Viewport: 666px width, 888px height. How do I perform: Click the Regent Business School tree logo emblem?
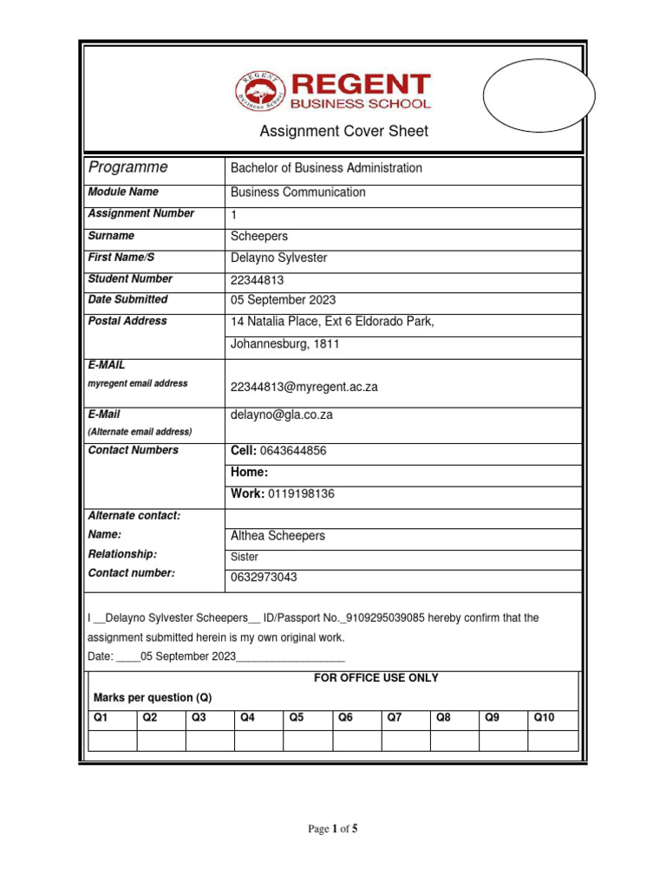[261, 92]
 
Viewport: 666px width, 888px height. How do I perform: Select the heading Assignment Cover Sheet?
[344, 132]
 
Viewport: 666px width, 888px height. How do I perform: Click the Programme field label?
[127, 167]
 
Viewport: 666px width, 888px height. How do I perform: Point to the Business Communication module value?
[297, 193]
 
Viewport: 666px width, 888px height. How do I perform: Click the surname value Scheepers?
[259, 236]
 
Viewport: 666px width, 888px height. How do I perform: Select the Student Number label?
[130, 279]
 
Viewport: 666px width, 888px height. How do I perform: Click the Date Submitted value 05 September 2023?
[283, 300]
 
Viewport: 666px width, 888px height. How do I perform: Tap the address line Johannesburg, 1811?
[284, 344]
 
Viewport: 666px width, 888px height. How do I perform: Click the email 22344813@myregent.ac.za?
[304, 387]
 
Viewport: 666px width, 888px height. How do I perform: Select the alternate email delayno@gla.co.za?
[281, 415]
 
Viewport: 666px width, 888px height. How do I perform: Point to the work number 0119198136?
[301, 494]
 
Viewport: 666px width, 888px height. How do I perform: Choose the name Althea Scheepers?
[277, 536]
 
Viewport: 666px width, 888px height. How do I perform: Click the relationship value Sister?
[245, 558]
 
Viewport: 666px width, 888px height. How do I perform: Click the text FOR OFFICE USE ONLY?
[375, 678]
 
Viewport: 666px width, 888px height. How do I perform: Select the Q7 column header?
[395, 718]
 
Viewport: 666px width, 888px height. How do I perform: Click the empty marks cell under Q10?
[552, 741]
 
